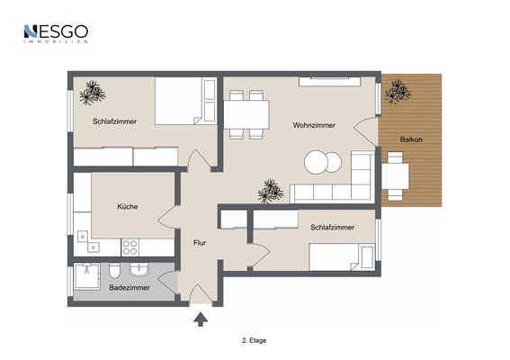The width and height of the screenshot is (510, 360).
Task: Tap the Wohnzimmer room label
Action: (314, 125)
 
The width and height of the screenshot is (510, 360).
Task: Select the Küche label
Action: (127, 207)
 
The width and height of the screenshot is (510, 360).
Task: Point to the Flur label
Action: (200, 242)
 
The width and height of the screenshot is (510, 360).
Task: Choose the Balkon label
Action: (412, 139)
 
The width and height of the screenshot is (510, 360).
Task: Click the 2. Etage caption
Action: (255, 341)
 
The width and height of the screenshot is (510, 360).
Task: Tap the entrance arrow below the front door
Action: (201, 316)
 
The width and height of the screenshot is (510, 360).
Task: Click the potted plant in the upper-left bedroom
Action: (92, 92)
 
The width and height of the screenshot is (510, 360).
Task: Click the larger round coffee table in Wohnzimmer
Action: (317, 163)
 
